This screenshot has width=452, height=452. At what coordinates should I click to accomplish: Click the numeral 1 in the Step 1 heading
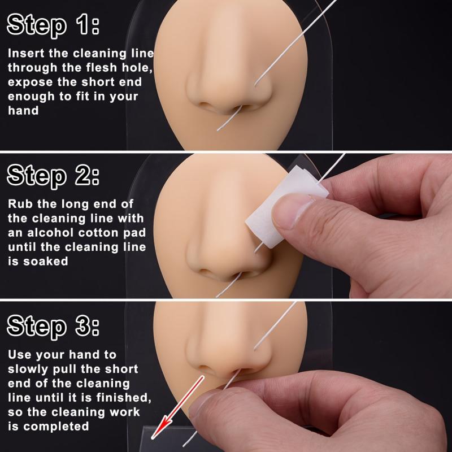coord(83,24)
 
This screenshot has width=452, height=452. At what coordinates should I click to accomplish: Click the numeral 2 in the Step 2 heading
coord(84,175)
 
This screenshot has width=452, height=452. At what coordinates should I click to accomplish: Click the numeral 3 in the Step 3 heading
coord(84,326)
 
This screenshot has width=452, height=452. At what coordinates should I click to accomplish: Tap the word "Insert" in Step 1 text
coord(26,53)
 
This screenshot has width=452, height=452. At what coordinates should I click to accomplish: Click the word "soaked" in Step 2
coord(46,262)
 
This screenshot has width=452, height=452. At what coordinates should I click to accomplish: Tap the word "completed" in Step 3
coord(56,427)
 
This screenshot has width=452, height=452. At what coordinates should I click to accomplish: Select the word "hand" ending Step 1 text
coord(23,111)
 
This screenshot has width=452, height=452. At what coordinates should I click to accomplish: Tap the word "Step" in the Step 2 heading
coord(37,176)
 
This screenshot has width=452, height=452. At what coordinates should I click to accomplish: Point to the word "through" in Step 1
coord(33,68)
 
